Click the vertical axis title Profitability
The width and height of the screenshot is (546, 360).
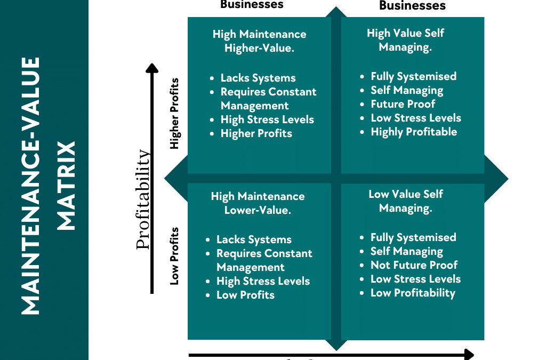pyautogui.click(x=143, y=199)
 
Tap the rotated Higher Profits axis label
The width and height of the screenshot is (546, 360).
pyautogui.click(x=174, y=114)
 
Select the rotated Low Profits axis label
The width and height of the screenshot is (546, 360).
pyautogui.click(x=174, y=256)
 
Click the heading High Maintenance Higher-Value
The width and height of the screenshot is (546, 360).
pyautogui.click(x=259, y=41)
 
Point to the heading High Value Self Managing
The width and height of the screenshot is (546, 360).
pyautogui.click(x=405, y=40)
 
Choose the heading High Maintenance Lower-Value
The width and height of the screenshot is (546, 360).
pyautogui.click(x=258, y=203)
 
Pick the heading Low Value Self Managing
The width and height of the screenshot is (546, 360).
pyautogui.click(x=405, y=201)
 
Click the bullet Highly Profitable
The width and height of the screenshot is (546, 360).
pyautogui.click(x=414, y=132)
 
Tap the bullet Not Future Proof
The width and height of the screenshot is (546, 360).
pyautogui.click(x=414, y=265)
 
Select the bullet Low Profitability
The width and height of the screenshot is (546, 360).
pyautogui.click(x=413, y=293)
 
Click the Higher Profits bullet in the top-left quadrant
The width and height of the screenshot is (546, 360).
pyautogui.click(x=256, y=133)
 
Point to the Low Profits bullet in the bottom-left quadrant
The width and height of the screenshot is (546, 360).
pyautogui.click(x=245, y=295)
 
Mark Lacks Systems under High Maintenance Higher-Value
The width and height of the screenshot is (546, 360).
pyautogui.click(x=258, y=78)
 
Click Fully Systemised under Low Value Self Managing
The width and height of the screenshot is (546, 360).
pyautogui.click(x=413, y=237)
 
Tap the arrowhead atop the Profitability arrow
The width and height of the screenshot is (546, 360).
pyautogui.click(x=152, y=68)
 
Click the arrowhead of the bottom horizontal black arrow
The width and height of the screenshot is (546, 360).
pyautogui.click(x=469, y=354)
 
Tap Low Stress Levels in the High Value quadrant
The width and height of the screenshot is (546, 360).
pyautogui.click(x=416, y=118)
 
